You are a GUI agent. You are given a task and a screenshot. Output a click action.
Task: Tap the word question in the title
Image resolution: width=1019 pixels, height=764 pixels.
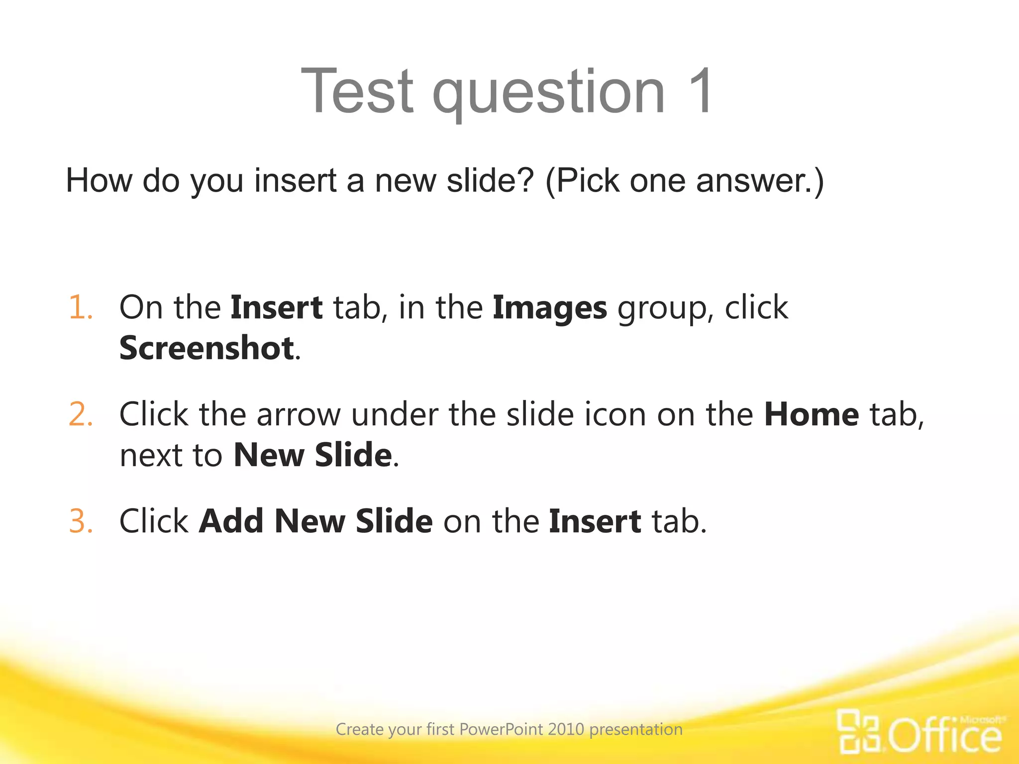click(x=549, y=95)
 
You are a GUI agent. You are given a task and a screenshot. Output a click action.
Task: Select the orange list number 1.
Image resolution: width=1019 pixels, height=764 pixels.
click(x=80, y=307)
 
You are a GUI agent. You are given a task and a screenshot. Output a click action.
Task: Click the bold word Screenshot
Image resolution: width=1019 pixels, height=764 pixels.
click(x=206, y=348)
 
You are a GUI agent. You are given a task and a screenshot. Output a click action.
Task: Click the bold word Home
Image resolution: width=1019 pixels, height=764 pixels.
click(x=812, y=414)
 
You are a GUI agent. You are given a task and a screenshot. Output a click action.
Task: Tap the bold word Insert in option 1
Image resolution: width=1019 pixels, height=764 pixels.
click(x=277, y=307)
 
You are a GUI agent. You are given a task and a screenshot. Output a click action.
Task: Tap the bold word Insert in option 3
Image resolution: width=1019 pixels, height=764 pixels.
click(x=595, y=521)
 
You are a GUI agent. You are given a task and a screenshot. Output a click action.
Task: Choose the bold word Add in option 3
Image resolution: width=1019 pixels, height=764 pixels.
click(x=231, y=521)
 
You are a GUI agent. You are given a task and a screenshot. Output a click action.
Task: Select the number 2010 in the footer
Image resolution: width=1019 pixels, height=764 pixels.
click(x=566, y=729)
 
